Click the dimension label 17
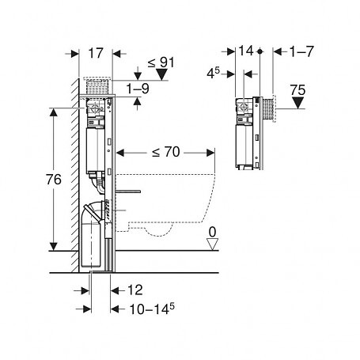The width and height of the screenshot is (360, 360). [x=95, y=53]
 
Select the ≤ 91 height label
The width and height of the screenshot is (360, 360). [x=161, y=63]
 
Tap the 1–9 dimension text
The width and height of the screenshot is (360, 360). [x=138, y=89]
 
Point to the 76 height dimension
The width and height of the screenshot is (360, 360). [x=54, y=180]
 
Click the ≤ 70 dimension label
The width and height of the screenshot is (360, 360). [x=166, y=152]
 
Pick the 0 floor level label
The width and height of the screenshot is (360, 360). [x=212, y=232]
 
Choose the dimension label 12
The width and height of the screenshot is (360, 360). [x=135, y=290]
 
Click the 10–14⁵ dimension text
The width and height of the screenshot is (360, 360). [x=152, y=309]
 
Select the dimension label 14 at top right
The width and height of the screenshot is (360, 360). [x=246, y=51]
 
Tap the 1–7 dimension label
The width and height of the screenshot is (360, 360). [x=301, y=51]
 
